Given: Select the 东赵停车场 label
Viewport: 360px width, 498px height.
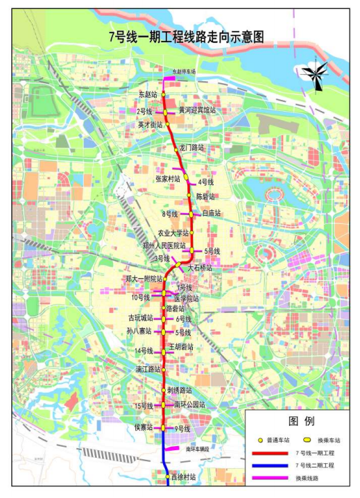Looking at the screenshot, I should pyautogui.click(x=185, y=72).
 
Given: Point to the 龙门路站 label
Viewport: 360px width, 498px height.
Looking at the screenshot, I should pyautogui.click(x=192, y=147).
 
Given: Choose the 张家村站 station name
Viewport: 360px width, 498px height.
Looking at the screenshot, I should pyautogui.click(x=168, y=178).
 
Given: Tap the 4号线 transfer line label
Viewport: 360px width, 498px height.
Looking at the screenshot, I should pyautogui.click(x=205, y=182).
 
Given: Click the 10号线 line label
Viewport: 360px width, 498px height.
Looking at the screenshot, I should pyautogui.click(x=142, y=297).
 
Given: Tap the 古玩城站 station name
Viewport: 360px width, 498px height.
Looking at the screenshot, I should pyautogui.click(x=140, y=318).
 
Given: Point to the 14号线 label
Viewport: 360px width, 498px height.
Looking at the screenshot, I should pyautogui.click(x=144, y=352).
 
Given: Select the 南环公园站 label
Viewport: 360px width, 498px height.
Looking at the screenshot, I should pyautogui.click(x=189, y=404).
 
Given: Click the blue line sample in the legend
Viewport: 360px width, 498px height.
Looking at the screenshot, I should pyautogui.click(x=270, y=465).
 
